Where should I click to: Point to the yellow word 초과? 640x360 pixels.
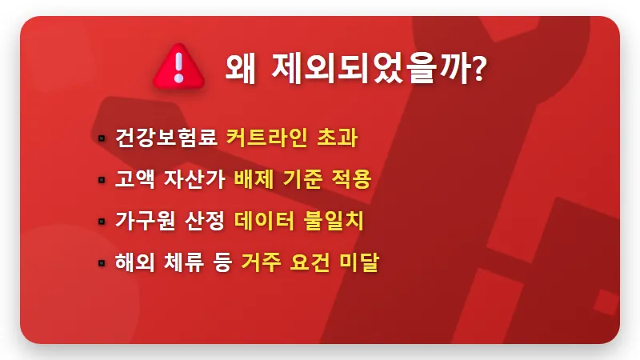click(337, 138)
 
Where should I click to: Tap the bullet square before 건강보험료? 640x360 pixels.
click(102, 138)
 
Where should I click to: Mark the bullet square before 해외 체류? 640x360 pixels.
click(102, 262)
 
